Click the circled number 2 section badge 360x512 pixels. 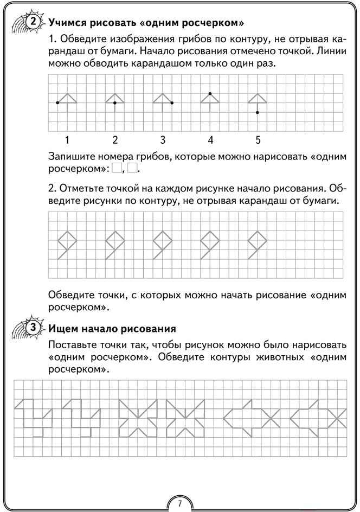(33, 22)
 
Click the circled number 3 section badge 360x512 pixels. (33, 328)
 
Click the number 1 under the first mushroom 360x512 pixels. (67, 140)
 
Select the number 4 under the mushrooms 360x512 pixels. (210, 140)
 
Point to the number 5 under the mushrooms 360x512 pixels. (258, 140)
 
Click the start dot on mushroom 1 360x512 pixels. (57, 103)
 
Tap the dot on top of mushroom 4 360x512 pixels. (210, 93)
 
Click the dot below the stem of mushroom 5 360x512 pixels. (258, 112)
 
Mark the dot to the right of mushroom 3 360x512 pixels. (172, 103)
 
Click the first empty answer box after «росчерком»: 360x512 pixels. (116, 169)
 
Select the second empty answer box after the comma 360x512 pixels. (133, 169)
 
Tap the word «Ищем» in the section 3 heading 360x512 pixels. (61, 328)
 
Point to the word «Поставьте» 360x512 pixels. (73, 345)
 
